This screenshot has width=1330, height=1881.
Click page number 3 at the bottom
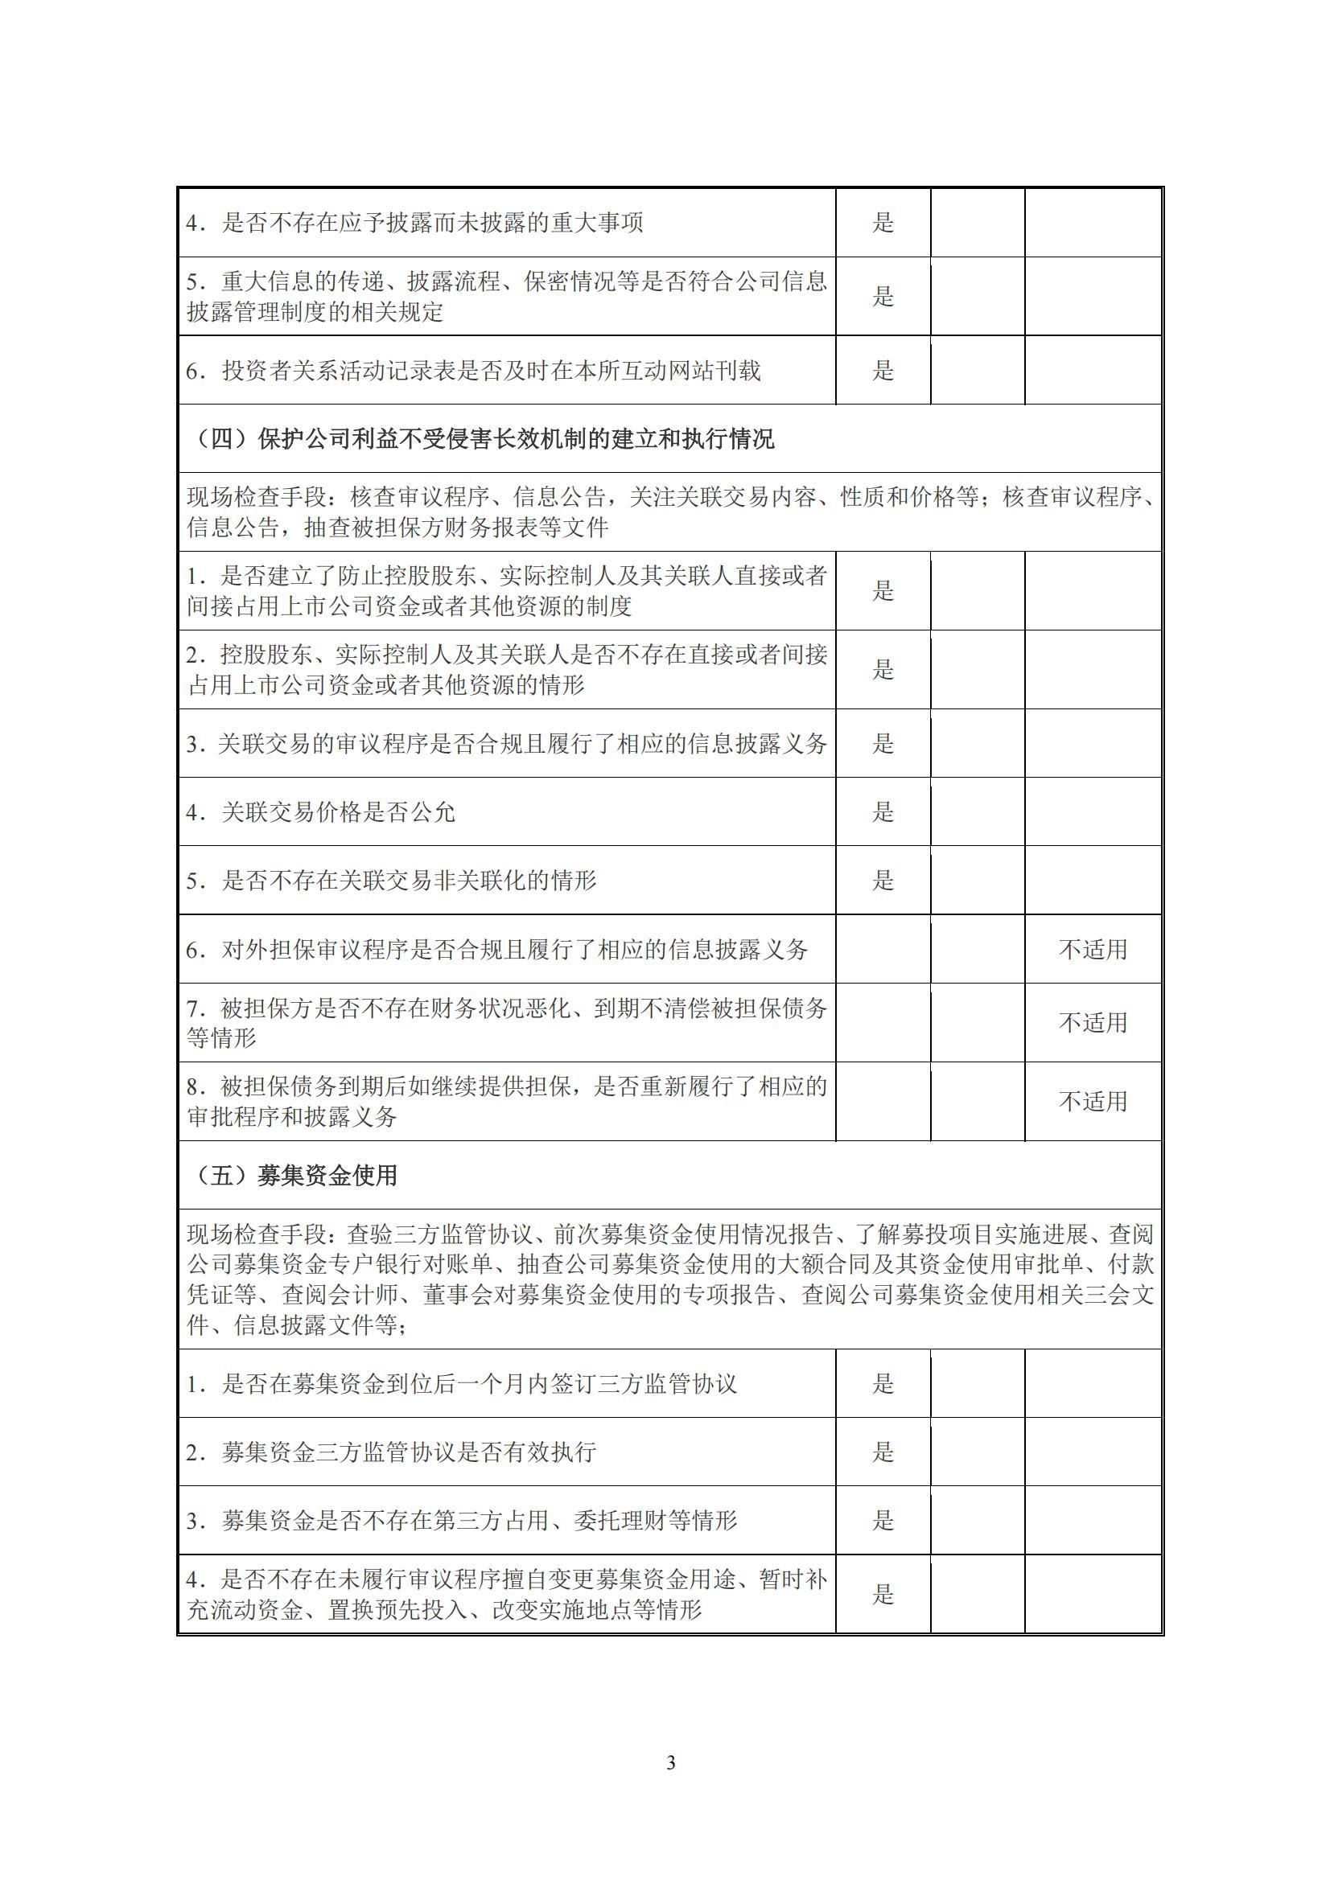[670, 1762]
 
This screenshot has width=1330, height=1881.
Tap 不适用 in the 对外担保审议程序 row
[1093, 950]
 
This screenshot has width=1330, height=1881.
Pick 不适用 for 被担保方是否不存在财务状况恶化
[1093, 1022]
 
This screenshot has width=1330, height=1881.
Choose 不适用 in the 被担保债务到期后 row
[1093, 1101]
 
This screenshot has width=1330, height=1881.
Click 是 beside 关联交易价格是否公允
[883, 812]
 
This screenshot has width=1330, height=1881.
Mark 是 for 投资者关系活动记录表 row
[883, 370]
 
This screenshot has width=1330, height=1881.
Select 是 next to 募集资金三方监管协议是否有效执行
[883, 1452]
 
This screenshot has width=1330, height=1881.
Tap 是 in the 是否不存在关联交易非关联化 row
[883, 881]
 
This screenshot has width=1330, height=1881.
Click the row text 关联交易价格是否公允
[338, 812]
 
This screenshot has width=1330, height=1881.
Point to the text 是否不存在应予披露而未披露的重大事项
[432, 223]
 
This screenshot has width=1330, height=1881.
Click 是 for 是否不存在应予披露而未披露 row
[883, 223]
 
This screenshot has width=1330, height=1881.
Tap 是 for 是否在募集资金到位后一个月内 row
[883, 1384]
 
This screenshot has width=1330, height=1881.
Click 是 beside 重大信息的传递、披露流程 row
[883, 296]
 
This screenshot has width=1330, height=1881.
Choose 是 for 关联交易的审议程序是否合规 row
[883, 744]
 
